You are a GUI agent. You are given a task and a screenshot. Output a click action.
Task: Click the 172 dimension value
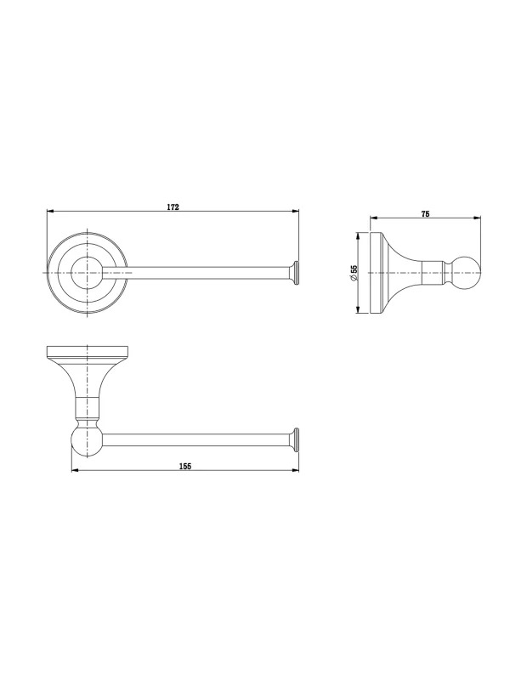[173, 207]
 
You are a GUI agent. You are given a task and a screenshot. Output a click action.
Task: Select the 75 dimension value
[426, 214]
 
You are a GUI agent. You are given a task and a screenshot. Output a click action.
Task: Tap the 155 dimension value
[185, 467]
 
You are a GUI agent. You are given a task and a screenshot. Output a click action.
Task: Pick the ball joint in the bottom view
[88, 440]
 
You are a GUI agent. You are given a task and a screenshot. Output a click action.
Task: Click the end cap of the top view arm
[296, 273]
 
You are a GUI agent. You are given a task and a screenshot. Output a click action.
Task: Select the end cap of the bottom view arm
[296, 440]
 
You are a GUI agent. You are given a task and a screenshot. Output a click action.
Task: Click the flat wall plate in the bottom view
[88, 353]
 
